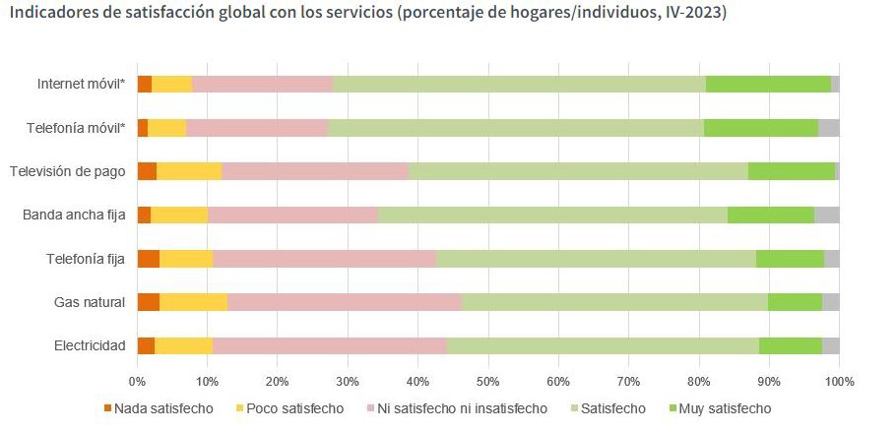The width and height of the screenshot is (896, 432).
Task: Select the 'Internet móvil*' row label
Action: coord(81,85)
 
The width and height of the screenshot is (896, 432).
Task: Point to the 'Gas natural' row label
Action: coord(90,302)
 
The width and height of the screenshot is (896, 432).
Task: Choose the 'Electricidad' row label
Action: coord(91,345)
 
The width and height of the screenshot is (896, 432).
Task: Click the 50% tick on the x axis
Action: coord(488,380)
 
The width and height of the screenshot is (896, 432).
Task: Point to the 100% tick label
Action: coord(839,380)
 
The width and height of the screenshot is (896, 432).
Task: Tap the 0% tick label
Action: coord(138,380)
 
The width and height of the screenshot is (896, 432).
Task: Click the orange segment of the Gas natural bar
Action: coord(149,302)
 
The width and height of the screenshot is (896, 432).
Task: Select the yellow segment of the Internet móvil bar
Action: coord(171,85)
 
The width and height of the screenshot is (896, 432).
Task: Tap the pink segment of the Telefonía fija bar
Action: coord(324,259)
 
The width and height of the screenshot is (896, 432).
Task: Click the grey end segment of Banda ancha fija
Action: coord(826,215)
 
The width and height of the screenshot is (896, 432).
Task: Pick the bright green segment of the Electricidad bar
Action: coord(790,345)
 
